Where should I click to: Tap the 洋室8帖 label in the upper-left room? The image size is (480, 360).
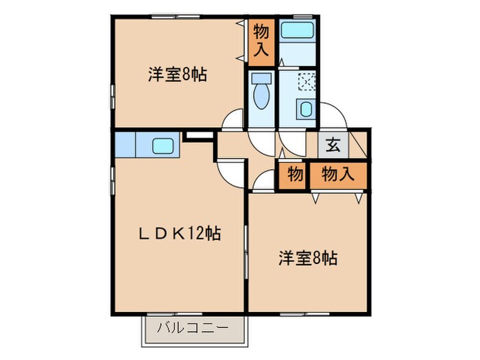[x=177, y=74]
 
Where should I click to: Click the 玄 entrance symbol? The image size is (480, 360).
[x=333, y=145]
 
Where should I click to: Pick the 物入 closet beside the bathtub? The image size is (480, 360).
[x=261, y=40]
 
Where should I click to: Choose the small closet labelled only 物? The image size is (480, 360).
[x=294, y=174]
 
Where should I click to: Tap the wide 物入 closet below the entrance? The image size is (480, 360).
[x=337, y=174]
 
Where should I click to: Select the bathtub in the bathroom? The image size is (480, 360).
[x=298, y=30]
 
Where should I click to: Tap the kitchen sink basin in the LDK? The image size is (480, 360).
[x=163, y=145]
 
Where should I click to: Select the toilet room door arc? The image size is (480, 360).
[x=263, y=141]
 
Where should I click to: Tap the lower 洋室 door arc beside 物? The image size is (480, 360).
[x=263, y=182]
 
